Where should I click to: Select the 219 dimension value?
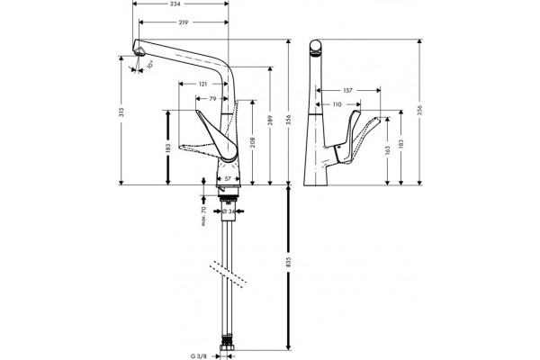(184, 22)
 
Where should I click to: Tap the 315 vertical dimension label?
(121, 112)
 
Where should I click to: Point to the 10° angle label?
(149, 65)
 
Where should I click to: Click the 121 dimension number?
(202, 84)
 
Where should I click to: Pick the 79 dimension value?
(212, 98)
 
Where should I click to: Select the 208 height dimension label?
(253, 142)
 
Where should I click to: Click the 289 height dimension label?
(270, 120)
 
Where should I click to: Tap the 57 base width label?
(228, 179)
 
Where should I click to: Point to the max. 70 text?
(203, 216)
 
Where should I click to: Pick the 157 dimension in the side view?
(347, 91)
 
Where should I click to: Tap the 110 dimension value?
(337, 104)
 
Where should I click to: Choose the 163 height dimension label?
(387, 150)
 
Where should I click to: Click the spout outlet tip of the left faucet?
(139, 53)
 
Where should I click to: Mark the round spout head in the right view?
(315, 47)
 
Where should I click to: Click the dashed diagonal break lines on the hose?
(228, 274)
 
